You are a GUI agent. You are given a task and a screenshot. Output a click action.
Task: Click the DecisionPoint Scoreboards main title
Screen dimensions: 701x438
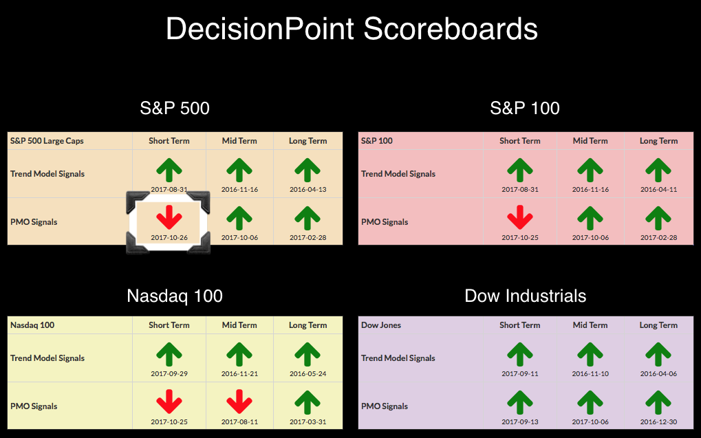[x=352, y=29]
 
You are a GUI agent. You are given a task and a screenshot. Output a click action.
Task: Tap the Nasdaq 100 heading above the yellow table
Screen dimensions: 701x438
[x=174, y=296]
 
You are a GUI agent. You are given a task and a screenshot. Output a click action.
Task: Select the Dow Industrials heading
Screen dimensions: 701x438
[x=526, y=296]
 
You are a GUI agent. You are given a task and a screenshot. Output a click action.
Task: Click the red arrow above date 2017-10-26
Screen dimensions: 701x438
[x=169, y=218]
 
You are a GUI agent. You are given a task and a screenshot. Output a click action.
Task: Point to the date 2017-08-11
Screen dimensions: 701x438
[x=239, y=421]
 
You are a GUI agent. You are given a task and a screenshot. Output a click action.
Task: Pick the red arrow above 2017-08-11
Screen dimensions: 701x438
[x=239, y=402]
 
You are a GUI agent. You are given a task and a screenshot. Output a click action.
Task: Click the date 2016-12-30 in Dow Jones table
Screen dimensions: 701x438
[x=658, y=421]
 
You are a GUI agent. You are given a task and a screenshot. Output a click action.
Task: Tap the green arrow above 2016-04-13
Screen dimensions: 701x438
[x=308, y=171]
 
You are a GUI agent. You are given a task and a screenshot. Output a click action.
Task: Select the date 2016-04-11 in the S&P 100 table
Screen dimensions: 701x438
[x=658, y=189]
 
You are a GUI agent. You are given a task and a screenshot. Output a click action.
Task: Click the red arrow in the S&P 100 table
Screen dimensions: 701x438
[x=520, y=218]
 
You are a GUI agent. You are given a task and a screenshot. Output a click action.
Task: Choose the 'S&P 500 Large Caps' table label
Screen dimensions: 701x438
[x=47, y=141]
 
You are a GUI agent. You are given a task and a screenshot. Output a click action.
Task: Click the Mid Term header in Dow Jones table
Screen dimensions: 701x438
[x=590, y=325]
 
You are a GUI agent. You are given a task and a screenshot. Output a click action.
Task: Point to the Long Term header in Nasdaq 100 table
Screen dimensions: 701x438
[x=308, y=325]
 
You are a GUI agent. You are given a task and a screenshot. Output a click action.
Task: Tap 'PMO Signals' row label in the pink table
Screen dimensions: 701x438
[x=385, y=221]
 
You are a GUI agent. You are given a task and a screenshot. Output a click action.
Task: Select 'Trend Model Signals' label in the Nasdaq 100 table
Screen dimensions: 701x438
[x=47, y=358]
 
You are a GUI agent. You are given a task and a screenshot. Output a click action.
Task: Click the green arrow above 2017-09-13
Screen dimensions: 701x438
[x=520, y=402]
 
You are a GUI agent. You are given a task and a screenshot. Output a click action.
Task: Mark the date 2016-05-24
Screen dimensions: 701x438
[x=308, y=373]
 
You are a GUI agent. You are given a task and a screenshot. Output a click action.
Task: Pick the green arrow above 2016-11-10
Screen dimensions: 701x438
[x=590, y=354]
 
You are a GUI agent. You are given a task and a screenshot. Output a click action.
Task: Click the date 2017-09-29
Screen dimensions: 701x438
[x=169, y=373]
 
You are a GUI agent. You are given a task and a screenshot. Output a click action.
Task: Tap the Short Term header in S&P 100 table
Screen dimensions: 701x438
[x=520, y=141]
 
